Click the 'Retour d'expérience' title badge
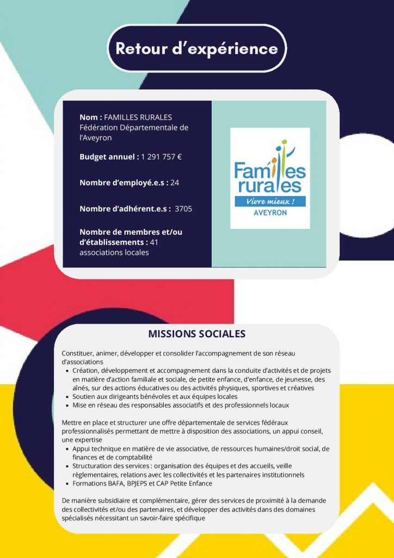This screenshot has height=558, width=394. tap(196, 48)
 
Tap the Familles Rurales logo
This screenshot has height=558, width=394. tap(270, 178)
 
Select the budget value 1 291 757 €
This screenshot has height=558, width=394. tap(161, 157)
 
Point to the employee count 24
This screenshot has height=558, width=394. tap(175, 183)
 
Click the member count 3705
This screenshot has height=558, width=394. tap(183, 209)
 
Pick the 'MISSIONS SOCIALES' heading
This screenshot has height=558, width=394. tap(197, 333)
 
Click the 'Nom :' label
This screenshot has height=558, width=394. tap(90, 117)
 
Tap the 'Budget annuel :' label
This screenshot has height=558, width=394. tap(109, 157)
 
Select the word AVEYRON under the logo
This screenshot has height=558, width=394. tap(270, 213)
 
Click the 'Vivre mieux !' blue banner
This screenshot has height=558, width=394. tap(270, 202)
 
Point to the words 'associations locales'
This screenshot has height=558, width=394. tap(114, 253)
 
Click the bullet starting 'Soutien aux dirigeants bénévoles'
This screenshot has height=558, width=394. tap(155, 397)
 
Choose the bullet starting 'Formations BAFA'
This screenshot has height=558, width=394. tap(143, 483)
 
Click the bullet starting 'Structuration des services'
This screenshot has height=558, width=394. tap(188, 470)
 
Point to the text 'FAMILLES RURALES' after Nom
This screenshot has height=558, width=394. tap(138, 117)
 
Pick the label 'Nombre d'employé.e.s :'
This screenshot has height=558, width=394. tap(124, 183)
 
